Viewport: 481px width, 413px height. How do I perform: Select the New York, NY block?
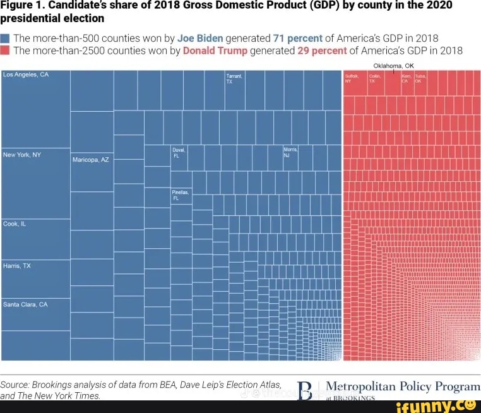point(35,183)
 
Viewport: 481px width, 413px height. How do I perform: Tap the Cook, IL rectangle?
point(35,239)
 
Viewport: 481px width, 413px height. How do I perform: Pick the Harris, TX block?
point(35,278)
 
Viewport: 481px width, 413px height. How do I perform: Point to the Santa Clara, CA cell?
point(35,314)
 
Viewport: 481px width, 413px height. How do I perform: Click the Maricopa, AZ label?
point(91,160)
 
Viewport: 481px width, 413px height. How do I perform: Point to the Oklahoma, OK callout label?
point(393,66)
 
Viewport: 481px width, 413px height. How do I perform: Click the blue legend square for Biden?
point(6,38)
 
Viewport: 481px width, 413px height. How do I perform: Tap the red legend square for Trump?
point(6,51)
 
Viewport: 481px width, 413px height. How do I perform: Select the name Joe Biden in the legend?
point(200,38)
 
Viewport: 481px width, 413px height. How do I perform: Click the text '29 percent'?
point(322,51)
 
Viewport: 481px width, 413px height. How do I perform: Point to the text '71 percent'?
point(297,38)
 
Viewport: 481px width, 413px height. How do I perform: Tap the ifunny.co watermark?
point(436,406)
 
